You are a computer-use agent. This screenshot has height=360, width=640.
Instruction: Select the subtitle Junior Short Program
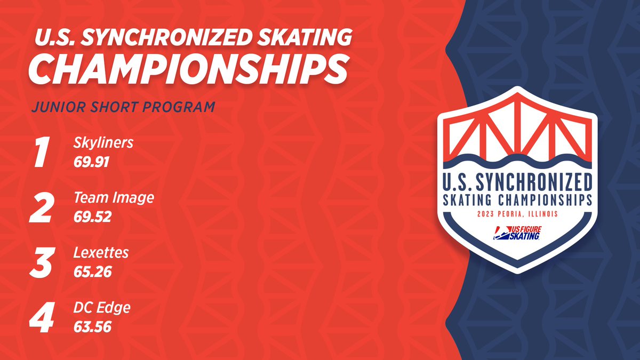123,106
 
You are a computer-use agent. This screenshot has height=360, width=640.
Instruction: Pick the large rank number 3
42,263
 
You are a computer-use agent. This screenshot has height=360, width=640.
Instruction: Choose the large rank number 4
42,317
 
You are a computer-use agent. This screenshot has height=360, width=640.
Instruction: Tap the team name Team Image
114,198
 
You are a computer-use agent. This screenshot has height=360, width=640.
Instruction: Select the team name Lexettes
101,252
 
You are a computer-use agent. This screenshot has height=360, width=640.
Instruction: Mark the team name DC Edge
102,307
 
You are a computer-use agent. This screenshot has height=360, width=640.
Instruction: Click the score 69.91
92,162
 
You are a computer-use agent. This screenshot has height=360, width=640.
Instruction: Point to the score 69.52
92,217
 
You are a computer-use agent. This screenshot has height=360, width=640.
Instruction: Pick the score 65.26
92,271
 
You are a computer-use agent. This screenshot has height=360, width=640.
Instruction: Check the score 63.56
92,326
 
